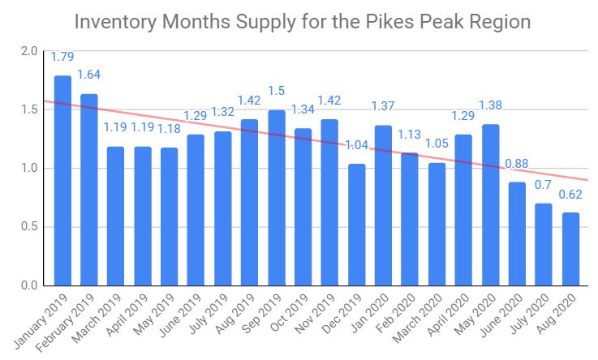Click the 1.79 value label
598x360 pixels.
[63, 57]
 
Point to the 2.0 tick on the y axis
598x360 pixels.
[30, 51]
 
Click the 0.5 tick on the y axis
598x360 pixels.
[30, 227]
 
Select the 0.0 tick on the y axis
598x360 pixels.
[30, 285]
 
